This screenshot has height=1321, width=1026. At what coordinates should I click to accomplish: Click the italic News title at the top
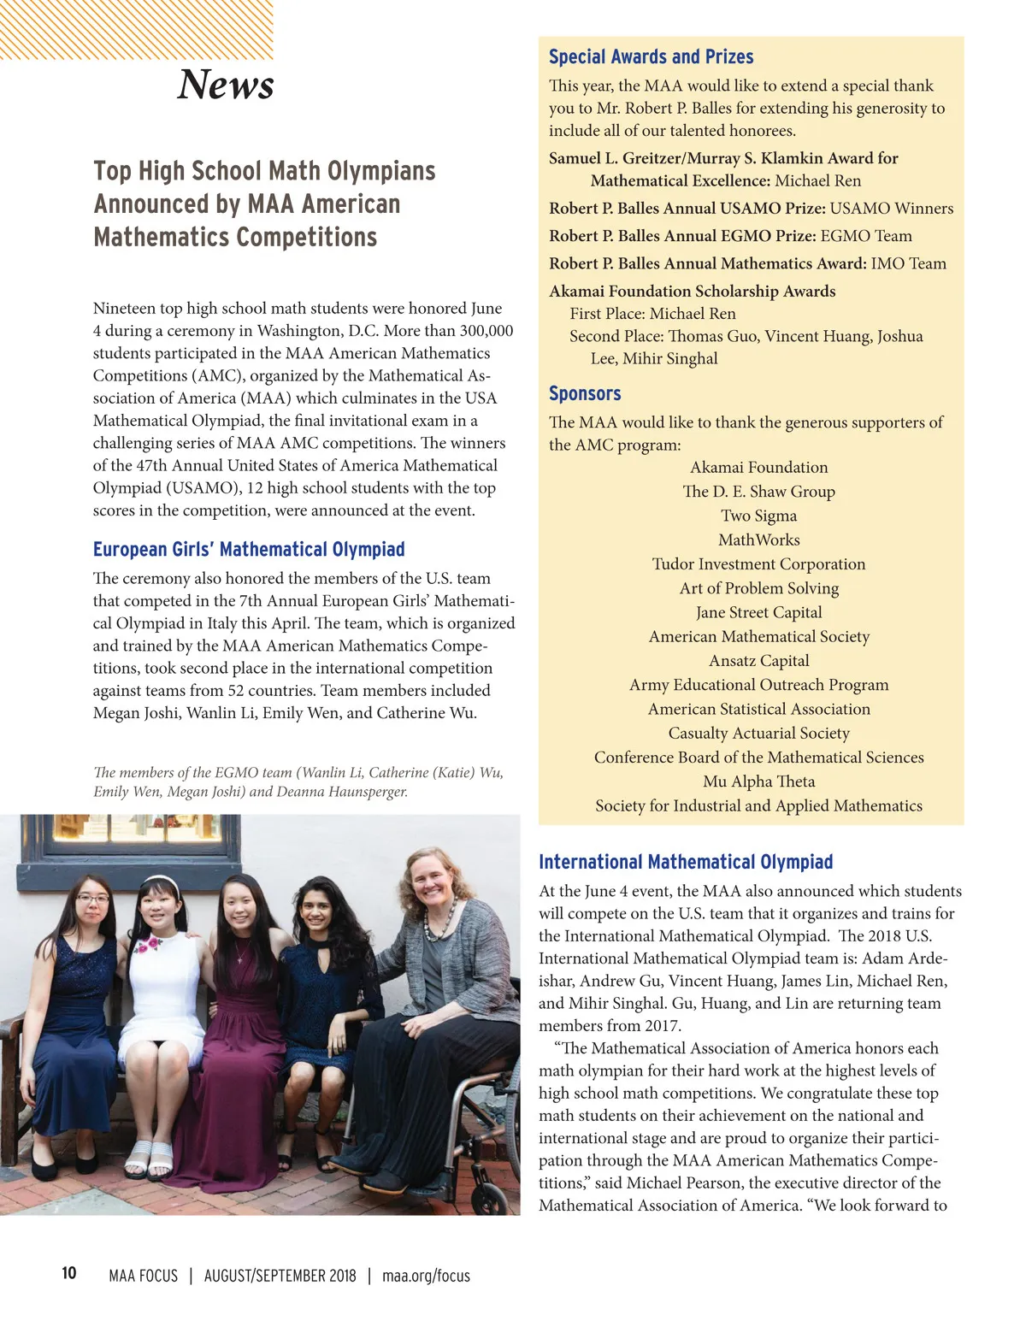tap(226, 84)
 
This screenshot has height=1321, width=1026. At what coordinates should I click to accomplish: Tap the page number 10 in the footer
tap(69, 1273)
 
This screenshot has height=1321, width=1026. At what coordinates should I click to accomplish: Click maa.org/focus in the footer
tap(426, 1276)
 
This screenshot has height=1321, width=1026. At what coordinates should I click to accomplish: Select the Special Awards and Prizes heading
tap(651, 56)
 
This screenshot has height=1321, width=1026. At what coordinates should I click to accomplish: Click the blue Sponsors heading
tap(585, 393)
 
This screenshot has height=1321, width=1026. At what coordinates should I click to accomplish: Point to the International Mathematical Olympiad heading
tap(686, 862)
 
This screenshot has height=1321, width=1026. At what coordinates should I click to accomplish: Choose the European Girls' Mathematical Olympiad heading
tap(249, 549)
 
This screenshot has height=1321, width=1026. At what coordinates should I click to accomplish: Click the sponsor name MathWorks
tap(759, 540)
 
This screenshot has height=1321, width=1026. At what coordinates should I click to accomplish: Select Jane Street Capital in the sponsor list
tap(759, 612)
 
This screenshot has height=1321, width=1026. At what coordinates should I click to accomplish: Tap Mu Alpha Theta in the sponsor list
tap(759, 781)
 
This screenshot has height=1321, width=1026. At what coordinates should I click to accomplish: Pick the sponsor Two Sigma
tap(759, 516)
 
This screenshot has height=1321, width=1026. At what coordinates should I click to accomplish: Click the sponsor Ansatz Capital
tap(759, 661)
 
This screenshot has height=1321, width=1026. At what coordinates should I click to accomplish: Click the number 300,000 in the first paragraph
tap(486, 331)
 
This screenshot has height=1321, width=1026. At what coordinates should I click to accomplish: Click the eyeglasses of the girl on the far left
tap(93, 899)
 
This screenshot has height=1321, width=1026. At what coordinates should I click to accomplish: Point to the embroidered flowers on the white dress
tap(148, 946)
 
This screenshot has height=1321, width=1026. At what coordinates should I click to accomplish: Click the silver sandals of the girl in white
tap(149, 1158)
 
